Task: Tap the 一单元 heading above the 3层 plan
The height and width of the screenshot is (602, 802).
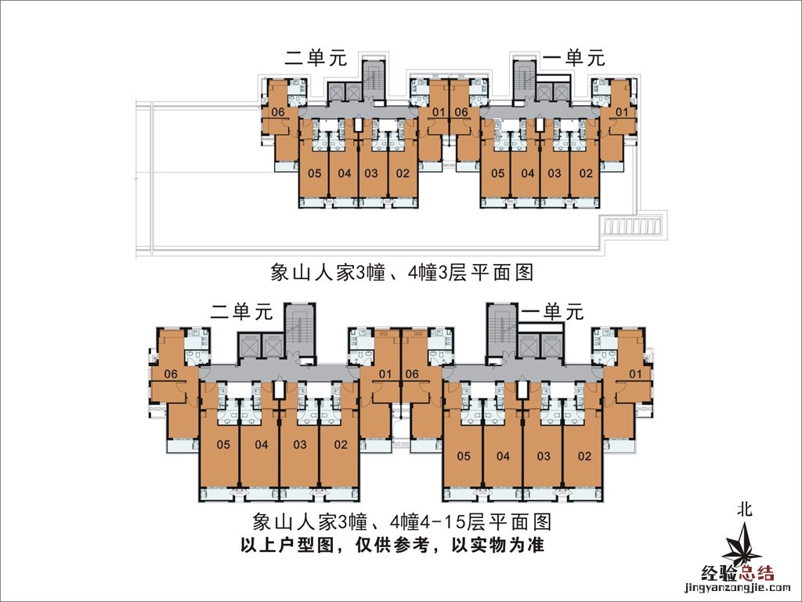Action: coord(574,58)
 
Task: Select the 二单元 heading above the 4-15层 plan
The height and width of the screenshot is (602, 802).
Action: coord(241,312)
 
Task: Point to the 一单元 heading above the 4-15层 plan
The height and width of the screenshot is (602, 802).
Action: coord(553,312)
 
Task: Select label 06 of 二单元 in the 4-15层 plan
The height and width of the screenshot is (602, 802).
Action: coord(171,375)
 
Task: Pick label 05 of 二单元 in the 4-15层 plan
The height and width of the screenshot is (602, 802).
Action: coord(222,445)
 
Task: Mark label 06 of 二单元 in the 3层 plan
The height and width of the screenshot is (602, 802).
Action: coord(277,112)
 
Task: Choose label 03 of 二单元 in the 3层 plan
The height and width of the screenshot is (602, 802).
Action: coord(371,173)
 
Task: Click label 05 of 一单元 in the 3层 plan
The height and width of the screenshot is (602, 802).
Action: coord(497,173)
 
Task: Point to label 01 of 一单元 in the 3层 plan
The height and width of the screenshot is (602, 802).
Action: coord(623,112)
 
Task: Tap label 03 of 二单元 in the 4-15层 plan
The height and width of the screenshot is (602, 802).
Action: coord(300,445)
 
